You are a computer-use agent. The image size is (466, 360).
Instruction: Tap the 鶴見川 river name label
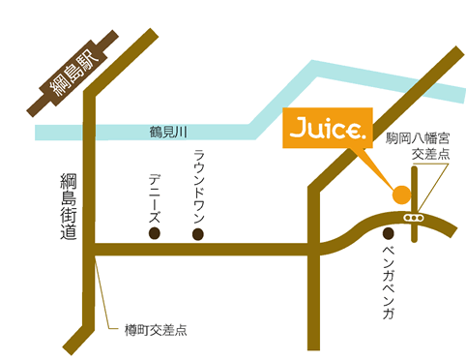168,130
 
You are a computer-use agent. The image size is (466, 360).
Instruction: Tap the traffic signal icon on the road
415,219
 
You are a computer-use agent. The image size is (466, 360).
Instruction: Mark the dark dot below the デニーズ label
155,233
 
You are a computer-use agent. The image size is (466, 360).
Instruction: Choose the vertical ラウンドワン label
198,183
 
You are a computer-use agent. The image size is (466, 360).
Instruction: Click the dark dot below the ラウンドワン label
198,233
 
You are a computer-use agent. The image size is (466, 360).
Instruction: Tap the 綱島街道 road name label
67,210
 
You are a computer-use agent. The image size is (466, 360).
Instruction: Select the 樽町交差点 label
154,329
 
